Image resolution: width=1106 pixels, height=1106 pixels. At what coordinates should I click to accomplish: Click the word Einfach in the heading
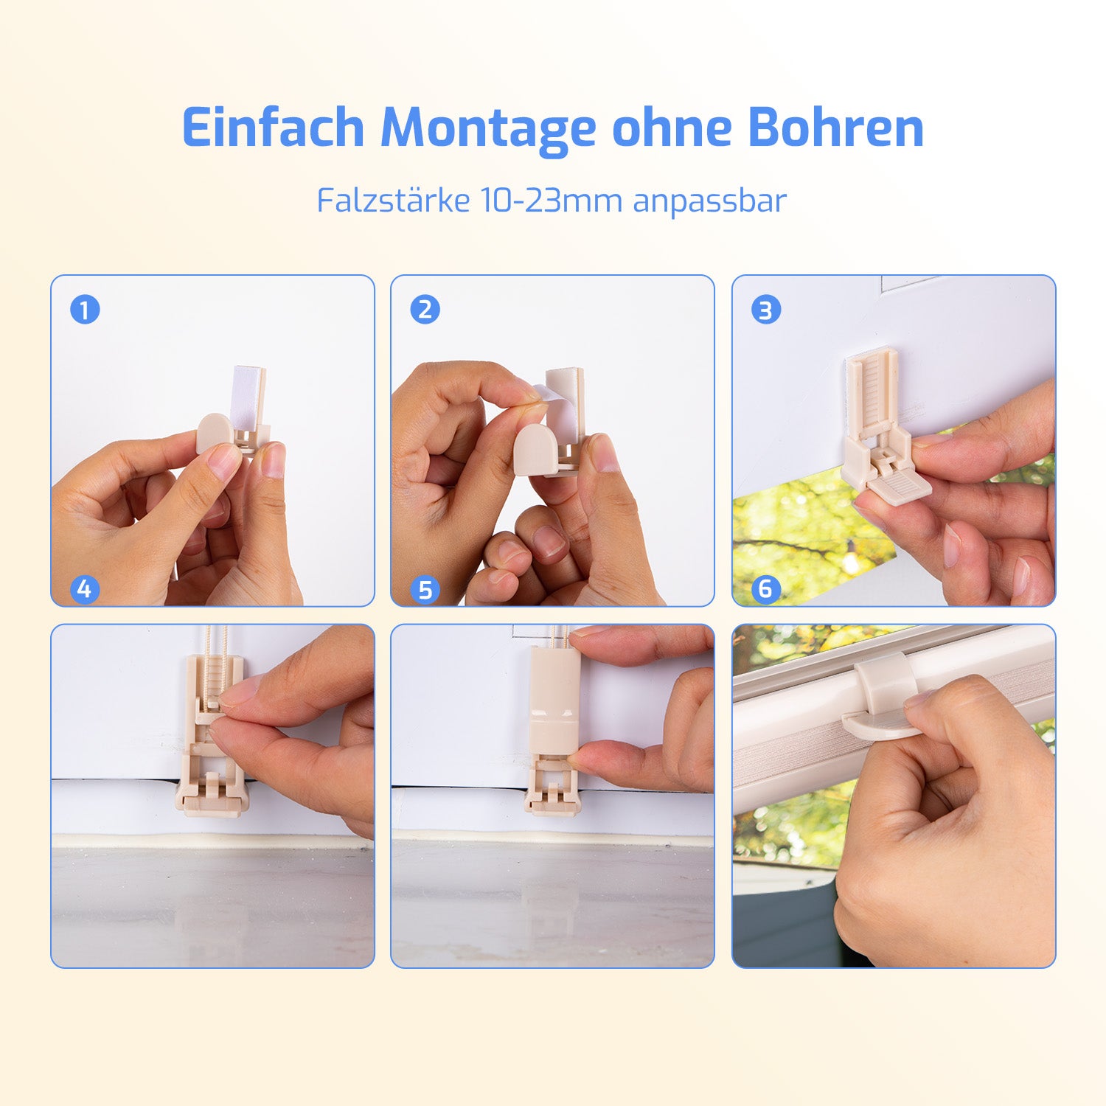[273, 127]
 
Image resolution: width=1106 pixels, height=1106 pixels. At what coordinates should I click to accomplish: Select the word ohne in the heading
[672, 127]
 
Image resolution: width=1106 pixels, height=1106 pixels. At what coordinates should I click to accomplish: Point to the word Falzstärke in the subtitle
[393, 200]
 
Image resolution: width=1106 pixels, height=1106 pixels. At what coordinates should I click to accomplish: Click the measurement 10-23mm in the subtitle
[552, 201]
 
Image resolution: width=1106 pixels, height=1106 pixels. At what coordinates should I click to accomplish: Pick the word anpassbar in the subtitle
[710, 201]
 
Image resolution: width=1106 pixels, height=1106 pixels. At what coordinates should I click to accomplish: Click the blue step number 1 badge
[85, 310]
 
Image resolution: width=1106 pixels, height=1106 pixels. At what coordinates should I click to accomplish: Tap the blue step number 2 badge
[425, 310]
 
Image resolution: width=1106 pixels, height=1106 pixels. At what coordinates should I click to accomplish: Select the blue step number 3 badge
[766, 310]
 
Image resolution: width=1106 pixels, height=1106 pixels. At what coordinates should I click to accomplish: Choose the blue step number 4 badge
[85, 589]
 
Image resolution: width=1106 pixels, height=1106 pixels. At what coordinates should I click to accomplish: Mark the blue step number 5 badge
[425, 589]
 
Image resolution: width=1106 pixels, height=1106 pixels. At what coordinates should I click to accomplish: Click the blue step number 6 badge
[766, 589]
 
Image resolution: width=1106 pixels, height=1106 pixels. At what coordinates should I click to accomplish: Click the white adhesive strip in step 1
[248, 398]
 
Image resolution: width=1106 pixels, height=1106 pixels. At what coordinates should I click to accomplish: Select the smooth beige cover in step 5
[554, 700]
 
